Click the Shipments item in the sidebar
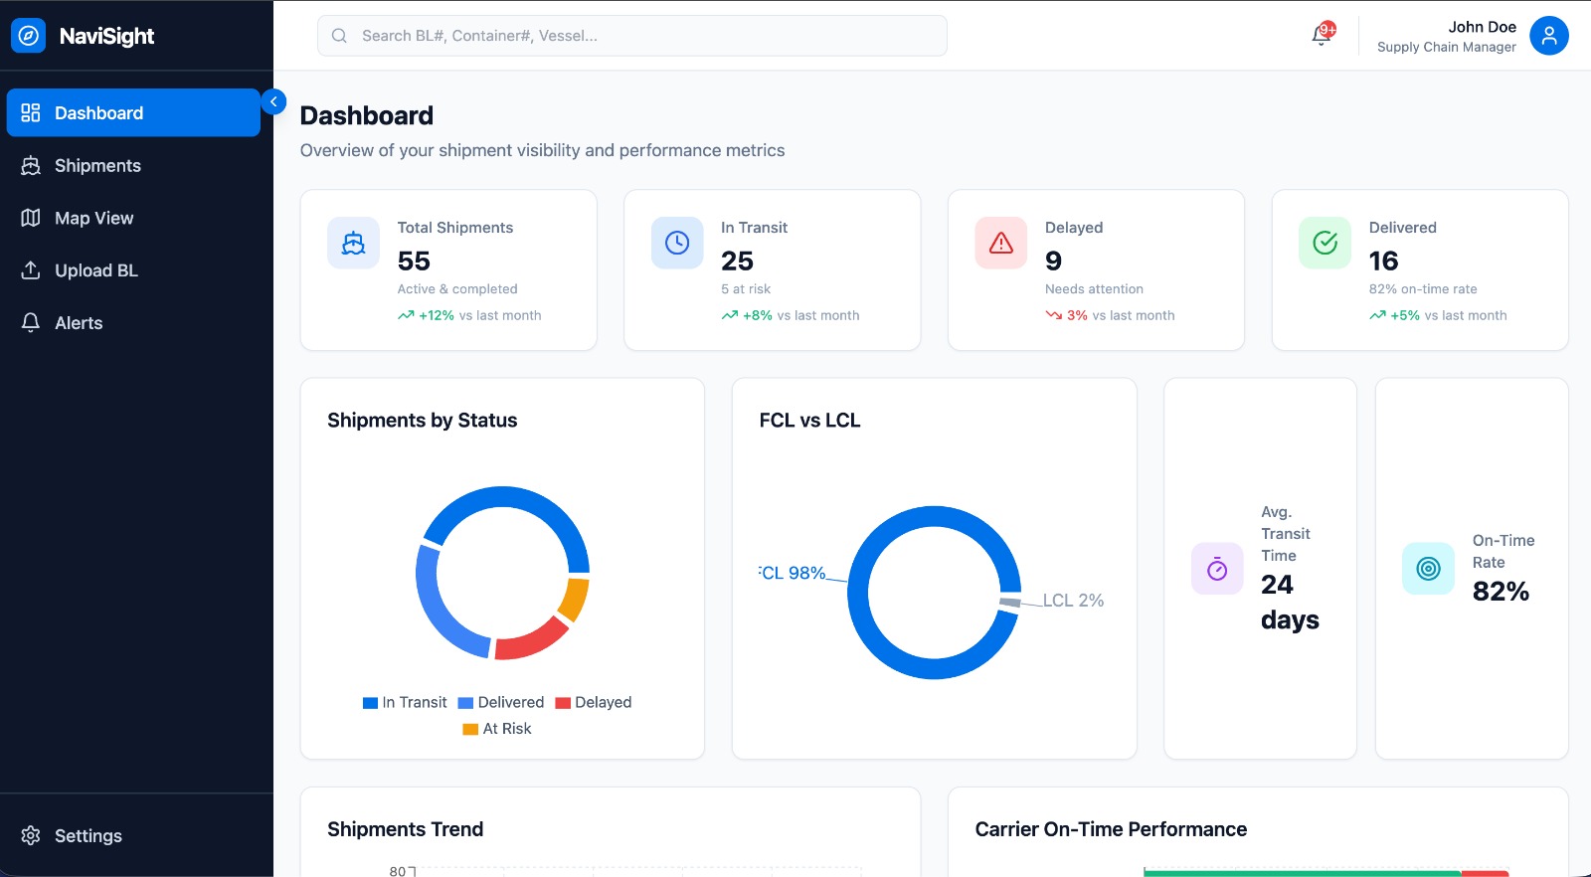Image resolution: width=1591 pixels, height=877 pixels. (96, 166)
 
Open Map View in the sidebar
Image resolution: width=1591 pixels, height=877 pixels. (93, 219)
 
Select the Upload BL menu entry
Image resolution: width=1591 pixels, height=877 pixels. (95, 270)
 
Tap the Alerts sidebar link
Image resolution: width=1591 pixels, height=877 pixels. (79, 323)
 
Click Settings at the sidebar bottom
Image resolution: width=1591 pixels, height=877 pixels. (88, 836)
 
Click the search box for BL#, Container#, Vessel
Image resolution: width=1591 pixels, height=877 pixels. (632, 36)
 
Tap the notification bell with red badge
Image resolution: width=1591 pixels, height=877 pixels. (1322, 35)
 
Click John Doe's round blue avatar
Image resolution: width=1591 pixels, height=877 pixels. (1548, 36)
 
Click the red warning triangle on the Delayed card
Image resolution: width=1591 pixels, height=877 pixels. (1001, 243)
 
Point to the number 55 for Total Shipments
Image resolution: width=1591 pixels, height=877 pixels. (414, 262)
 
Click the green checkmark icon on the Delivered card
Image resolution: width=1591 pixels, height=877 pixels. (1325, 243)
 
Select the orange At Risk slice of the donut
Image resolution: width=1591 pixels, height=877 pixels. (575, 599)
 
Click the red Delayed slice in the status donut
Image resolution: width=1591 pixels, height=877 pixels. (530, 640)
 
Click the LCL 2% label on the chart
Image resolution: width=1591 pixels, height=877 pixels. (1073, 601)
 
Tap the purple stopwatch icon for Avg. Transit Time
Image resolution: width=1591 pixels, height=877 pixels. (1217, 569)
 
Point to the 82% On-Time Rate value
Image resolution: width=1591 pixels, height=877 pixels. (1501, 592)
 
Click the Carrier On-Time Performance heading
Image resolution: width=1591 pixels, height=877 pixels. (1111, 829)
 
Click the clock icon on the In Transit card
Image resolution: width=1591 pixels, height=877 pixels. (677, 243)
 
